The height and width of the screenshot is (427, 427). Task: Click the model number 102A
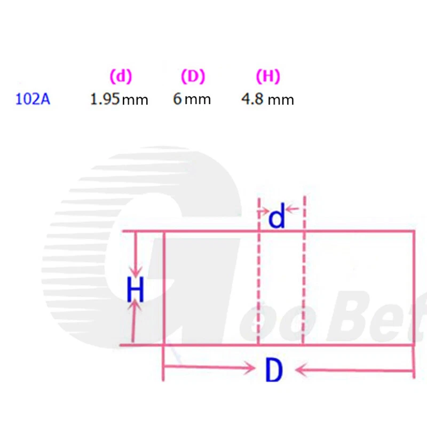tap(33, 99)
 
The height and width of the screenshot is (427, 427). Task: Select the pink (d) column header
tap(121, 77)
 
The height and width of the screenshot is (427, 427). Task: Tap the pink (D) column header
tap(193, 77)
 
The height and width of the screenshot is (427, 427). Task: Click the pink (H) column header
tap(268, 77)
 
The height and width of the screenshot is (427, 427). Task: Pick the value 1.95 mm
tap(119, 99)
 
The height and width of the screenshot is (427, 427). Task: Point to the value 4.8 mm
tap(267, 99)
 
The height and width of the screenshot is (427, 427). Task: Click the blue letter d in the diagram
tap(276, 218)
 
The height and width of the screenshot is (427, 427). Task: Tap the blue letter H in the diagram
tap(136, 291)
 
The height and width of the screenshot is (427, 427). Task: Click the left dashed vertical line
tap(259, 278)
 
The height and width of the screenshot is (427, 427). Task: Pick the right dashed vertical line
tap(304, 278)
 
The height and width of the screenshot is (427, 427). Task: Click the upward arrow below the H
tap(136, 320)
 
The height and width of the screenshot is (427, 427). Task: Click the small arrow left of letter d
tap(264, 212)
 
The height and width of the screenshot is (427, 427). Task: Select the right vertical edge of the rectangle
tap(414, 288)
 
